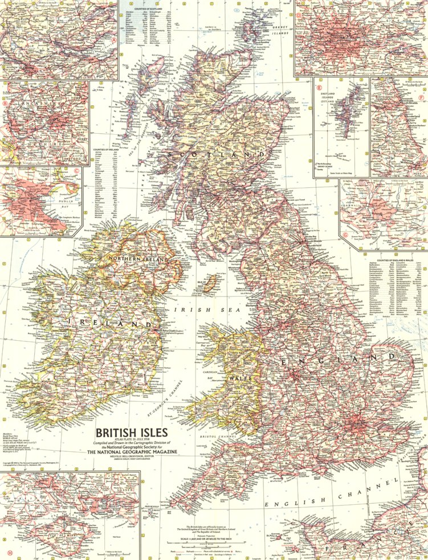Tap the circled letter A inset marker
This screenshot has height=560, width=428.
(114, 40)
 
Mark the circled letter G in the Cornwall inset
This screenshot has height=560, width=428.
(345, 234)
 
